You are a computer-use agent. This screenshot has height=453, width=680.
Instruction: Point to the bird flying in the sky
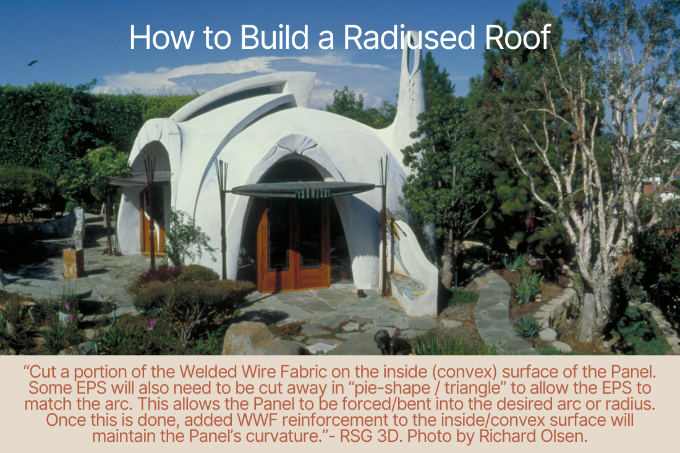coord(33,63)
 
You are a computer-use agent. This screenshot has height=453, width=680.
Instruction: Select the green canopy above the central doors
coord(304,188)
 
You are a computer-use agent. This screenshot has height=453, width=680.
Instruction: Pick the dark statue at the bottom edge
coord(391,343)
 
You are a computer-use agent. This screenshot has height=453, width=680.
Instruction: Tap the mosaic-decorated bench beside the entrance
coord(412,273)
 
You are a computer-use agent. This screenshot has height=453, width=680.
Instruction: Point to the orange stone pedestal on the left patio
coord(74,263)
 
